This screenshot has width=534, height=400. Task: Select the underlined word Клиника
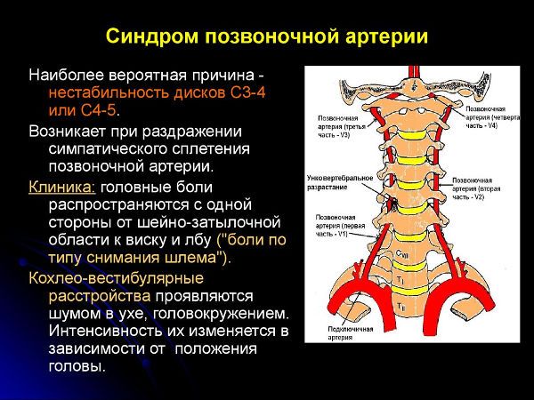point(61,188)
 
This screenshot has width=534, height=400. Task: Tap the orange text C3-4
point(234,92)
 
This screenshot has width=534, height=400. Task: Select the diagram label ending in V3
point(337,128)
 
